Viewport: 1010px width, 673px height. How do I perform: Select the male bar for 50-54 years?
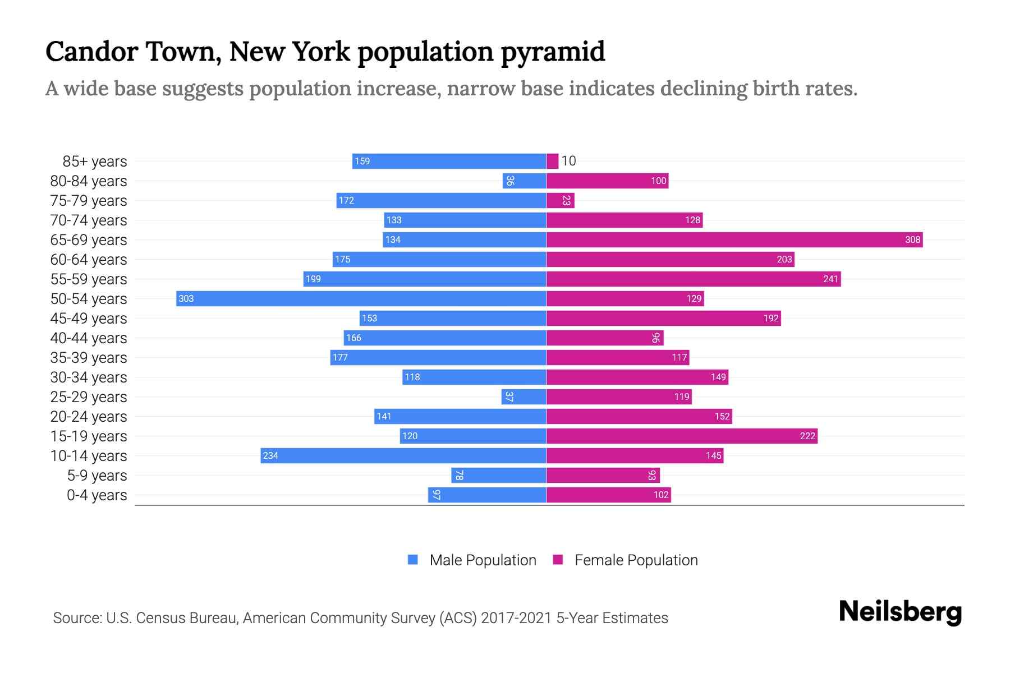[x=361, y=299]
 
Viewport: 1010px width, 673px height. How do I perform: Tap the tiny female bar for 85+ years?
[x=553, y=162]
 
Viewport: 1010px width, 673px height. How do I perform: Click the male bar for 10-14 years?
[x=403, y=456]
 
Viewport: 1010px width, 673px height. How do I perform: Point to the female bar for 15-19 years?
[x=682, y=436]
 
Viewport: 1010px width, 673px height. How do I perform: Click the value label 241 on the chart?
[x=830, y=279]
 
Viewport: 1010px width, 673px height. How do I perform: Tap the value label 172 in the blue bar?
[x=346, y=201]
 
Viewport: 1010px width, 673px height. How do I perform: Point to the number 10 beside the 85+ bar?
[x=568, y=162]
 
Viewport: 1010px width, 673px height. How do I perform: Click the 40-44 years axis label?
[x=89, y=338]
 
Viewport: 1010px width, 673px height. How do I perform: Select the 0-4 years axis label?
[x=97, y=495]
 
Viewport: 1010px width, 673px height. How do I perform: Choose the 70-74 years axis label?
[x=89, y=220]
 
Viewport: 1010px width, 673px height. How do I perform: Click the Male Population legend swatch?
[x=413, y=560]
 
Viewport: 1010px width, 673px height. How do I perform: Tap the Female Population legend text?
[x=636, y=560]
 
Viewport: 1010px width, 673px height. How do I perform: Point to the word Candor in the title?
[x=91, y=52]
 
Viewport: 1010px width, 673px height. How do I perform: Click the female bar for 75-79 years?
[x=560, y=201]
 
